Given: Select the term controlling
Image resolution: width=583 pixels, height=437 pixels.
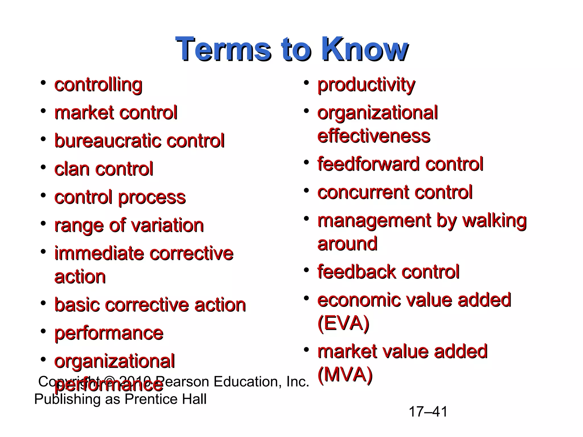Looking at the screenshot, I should [x=98, y=85].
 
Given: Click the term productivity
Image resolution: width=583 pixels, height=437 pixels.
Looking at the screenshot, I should [x=366, y=85].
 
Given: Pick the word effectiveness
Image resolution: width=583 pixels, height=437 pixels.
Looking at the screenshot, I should [x=373, y=136].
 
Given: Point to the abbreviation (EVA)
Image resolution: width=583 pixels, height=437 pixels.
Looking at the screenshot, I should [x=343, y=323].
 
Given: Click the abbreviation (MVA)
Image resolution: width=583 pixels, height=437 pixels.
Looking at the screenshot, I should [x=345, y=375].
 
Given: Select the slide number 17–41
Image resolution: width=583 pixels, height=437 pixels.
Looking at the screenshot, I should [x=428, y=412].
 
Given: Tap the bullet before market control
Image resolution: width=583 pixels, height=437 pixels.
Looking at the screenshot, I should [x=43, y=111].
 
